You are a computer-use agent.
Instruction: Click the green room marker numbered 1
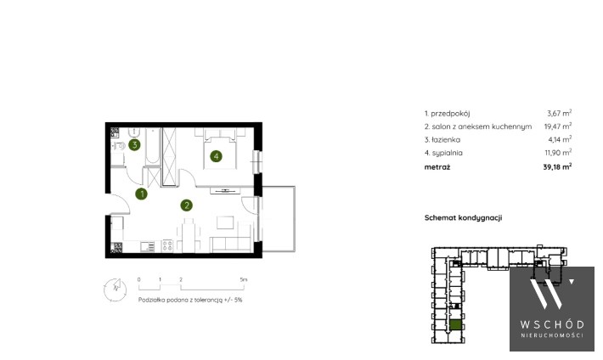tap(142, 194)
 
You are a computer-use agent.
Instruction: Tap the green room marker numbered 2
tap(187, 205)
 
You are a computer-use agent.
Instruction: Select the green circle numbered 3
tap(134, 145)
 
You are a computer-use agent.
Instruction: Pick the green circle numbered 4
tap(216, 156)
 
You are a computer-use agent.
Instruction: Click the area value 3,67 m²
tap(559, 113)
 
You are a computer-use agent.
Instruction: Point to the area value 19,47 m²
tap(558, 127)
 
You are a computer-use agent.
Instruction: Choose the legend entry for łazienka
tap(442, 139)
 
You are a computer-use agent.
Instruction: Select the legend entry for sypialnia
tap(443, 153)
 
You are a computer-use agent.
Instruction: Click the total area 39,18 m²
tap(557, 166)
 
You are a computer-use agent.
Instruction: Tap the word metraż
tap(437, 167)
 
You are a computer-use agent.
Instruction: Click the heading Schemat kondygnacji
tap(463, 217)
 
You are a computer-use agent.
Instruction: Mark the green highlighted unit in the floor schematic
tap(455, 325)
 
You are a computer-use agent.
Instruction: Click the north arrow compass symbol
tap(115, 290)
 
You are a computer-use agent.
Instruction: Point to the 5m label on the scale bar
tap(244, 279)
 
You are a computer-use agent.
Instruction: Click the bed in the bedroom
tap(220, 149)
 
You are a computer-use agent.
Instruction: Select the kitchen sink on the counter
tap(147, 246)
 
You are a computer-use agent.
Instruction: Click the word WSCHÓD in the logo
tap(552, 324)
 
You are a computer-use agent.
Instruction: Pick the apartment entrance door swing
tap(120, 204)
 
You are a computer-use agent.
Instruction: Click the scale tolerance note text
tap(190, 300)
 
